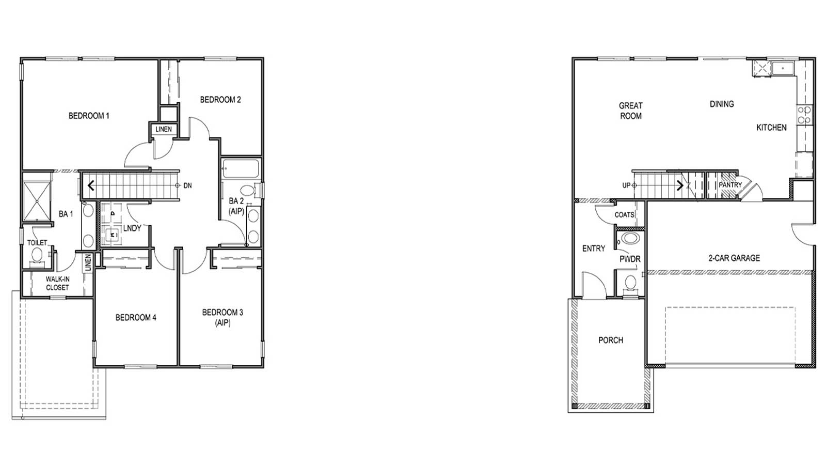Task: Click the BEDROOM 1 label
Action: coord(89,116)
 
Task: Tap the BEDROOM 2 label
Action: coord(220,100)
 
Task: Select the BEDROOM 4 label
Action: coord(136,317)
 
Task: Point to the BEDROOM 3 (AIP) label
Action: coord(223,317)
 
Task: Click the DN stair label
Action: coord(187,185)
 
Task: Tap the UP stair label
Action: coord(626,185)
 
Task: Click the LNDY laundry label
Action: coord(132,228)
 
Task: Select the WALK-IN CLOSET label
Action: coord(57,283)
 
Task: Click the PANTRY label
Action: coord(730,184)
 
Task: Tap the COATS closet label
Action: coord(624,214)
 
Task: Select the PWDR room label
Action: coord(630,259)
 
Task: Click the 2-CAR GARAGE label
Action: coord(734,258)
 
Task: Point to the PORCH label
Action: coord(610,340)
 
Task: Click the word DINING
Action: coord(721,104)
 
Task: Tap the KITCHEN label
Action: coord(771,127)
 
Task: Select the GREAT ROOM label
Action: coord(630,111)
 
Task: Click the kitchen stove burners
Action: coord(804,115)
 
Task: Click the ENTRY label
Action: coord(593,249)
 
